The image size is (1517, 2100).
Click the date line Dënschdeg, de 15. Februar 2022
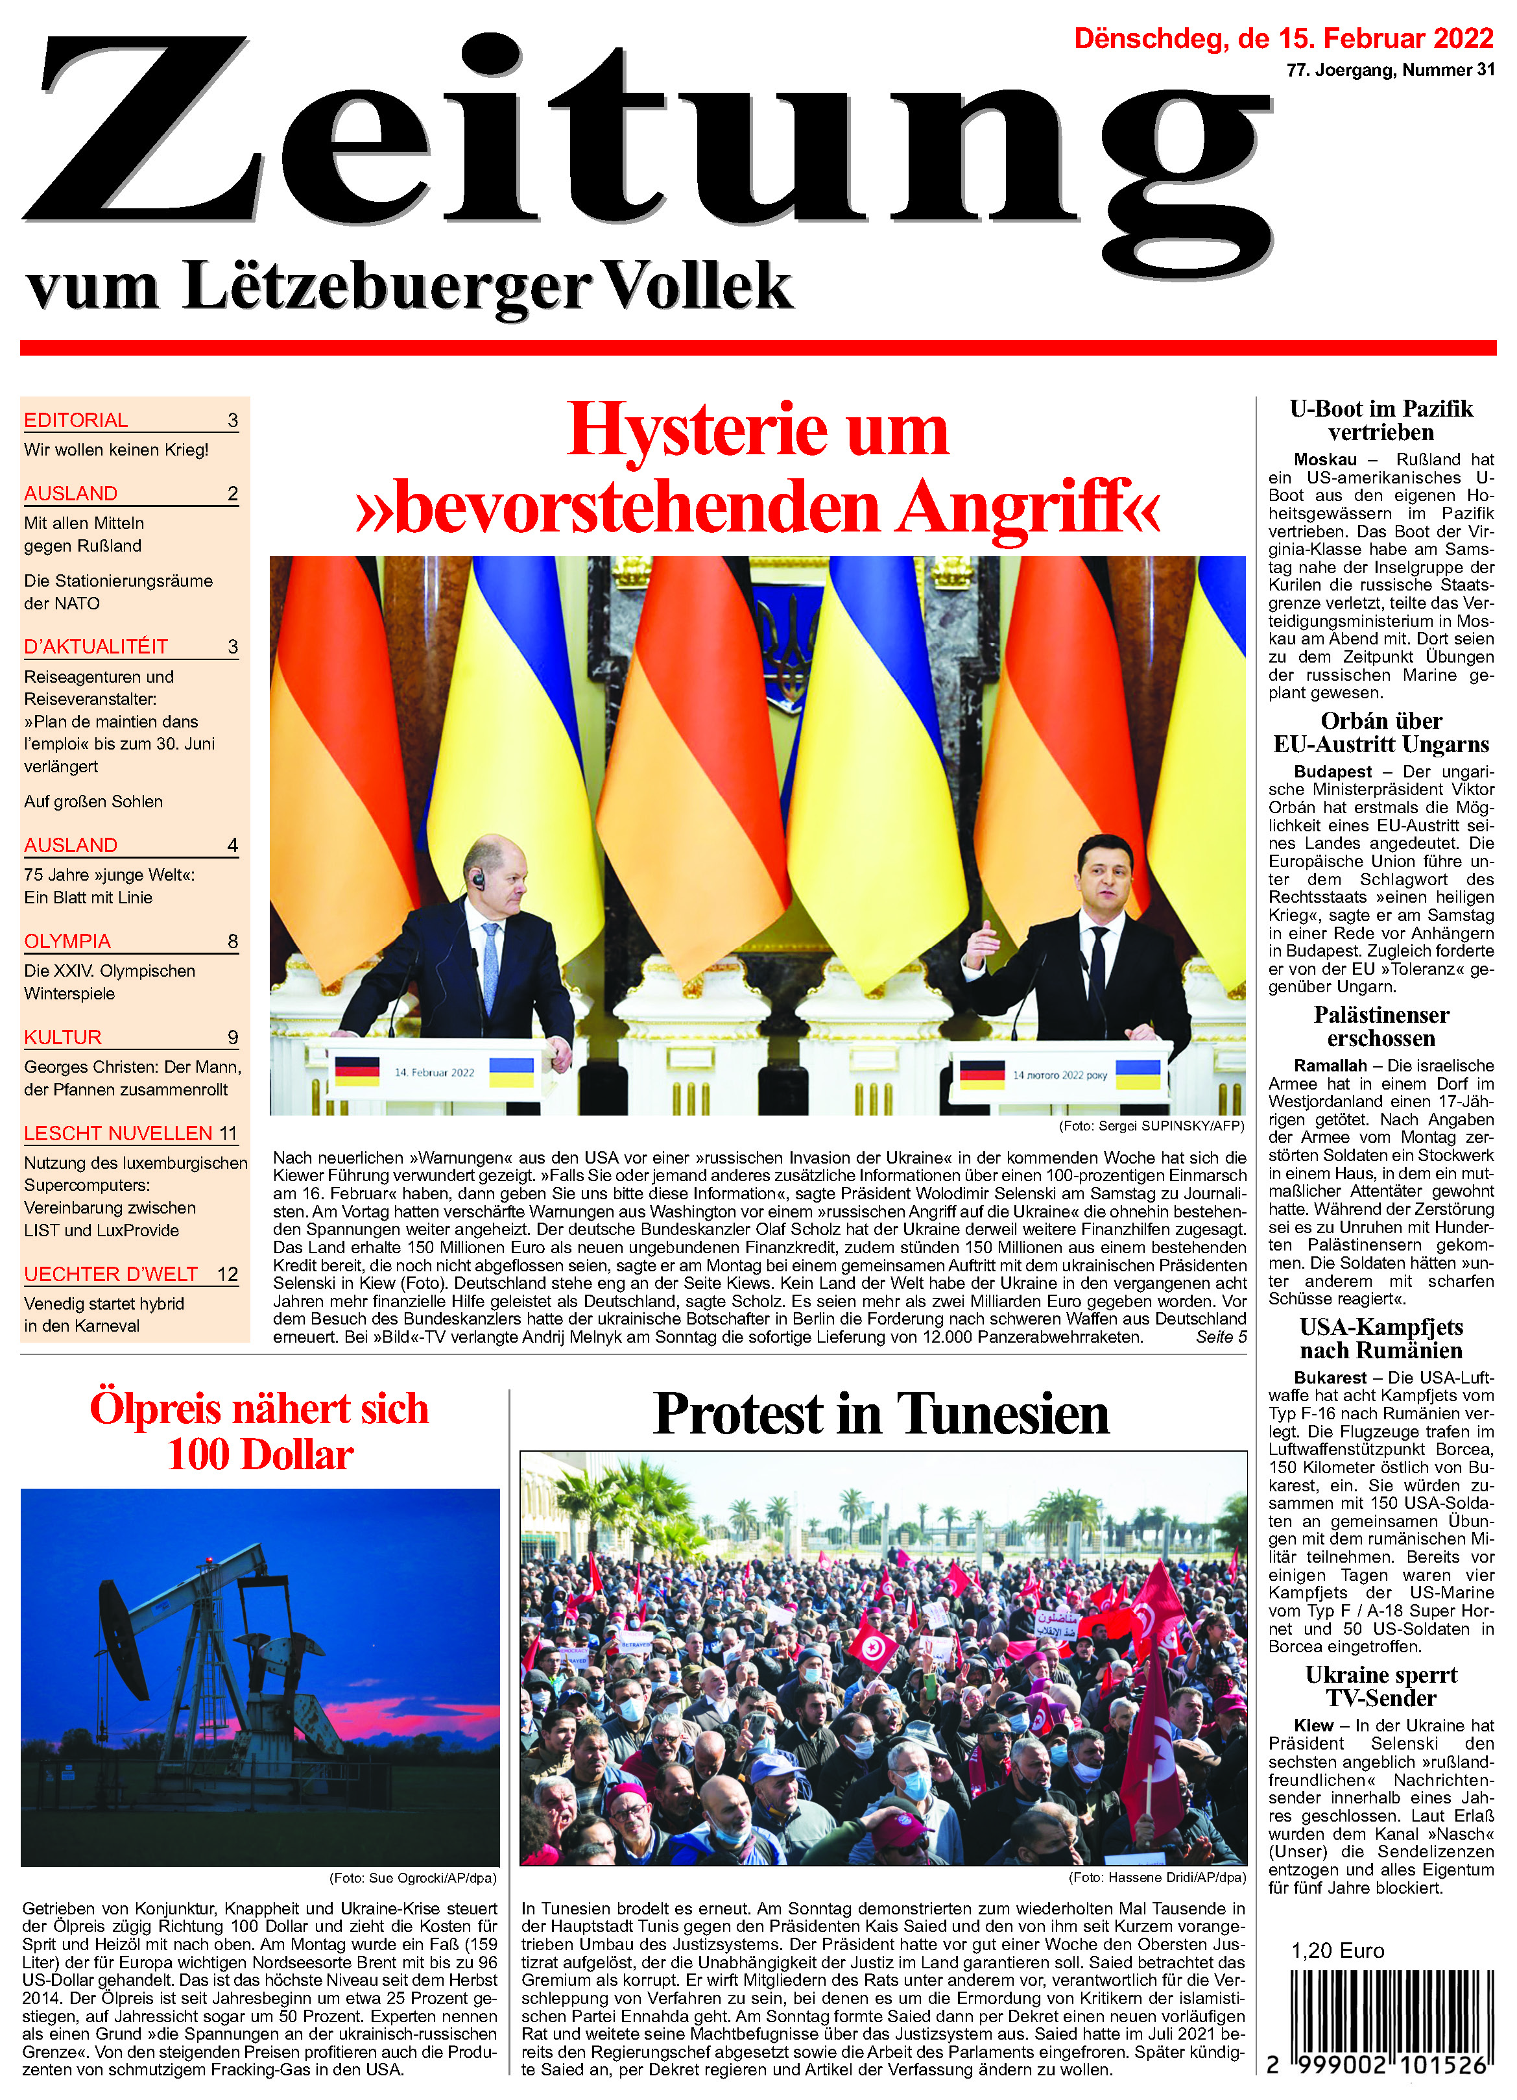click(x=1283, y=39)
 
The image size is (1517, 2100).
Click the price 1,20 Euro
click(x=1337, y=1951)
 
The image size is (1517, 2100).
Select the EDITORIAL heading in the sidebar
click(x=76, y=421)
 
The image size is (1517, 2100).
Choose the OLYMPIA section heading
click(x=67, y=942)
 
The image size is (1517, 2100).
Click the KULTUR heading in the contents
click(x=63, y=1037)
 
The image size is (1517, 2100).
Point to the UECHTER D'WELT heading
click(x=111, y=1274)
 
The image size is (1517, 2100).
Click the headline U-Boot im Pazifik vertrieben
click(x=1381, y=421)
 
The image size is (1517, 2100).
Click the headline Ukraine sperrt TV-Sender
click(x=1381, y=1686)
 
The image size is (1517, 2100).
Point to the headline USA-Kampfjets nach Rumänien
click(x=1381, y=1338)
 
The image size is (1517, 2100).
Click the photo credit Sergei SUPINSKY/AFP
click(x=1151, y=1126)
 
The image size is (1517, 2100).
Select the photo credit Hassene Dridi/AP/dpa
click(x=1157, y=1878)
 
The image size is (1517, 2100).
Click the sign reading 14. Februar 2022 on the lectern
click(x=434, y=1072)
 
